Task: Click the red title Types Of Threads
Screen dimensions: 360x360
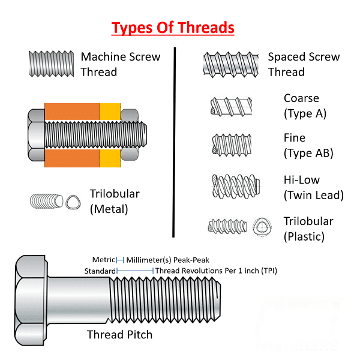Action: tap(173, 28)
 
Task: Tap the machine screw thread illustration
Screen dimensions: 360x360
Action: tap(51, 64)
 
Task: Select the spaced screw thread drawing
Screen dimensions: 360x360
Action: tap(231, 65)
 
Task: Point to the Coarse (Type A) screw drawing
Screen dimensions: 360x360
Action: tap(231, 107)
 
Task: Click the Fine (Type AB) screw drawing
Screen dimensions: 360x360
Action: tap(232, 145)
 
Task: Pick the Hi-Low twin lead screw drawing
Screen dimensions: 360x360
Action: tap(236, 187)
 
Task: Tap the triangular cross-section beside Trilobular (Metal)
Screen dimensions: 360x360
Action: tap(73, 203)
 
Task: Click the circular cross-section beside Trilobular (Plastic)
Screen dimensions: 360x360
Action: tap(262, 227)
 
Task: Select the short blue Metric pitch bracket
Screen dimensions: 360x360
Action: tap(120, 260)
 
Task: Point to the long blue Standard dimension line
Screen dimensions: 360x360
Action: tap(135, 271)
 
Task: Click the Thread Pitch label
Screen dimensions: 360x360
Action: tap(119, 335)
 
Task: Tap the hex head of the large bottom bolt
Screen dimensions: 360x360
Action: tap(31, 301)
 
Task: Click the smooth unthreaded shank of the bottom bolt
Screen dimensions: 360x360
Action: tap(79, 300)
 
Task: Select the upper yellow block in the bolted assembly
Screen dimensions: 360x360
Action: tap(110, 112)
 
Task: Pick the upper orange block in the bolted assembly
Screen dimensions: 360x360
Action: tap(72, 112)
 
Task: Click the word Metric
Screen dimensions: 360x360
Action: tap(104, 260)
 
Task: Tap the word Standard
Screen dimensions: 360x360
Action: tap(100, 271)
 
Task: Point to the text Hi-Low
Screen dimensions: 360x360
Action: tap(302, 180)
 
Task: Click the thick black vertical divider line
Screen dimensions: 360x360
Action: tap(174, 142)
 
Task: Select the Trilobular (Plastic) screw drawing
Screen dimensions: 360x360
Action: tap(227, 226)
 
